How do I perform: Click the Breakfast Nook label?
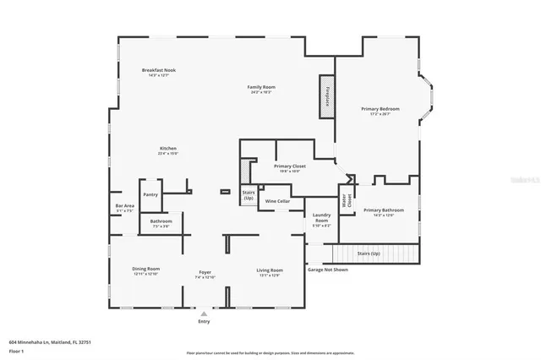pos(159,70)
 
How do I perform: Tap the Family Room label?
pos(261,87)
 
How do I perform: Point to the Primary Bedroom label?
pos(380,109)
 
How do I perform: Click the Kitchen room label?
pos(167,148)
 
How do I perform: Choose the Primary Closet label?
pos(289,166)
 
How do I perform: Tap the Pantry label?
pos(150,194)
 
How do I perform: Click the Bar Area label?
pos(124,206)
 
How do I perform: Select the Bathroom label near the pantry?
pos(161,221)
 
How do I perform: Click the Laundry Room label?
pos(321,218)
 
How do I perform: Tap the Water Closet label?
pos(346,200)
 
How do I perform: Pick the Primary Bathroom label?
pos(380,210)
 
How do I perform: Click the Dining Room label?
pos(145,269)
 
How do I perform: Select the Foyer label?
pos(205,270)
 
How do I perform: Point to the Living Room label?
pos(269,269)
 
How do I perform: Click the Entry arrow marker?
pos(204,314)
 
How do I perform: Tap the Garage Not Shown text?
pos(327,270)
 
